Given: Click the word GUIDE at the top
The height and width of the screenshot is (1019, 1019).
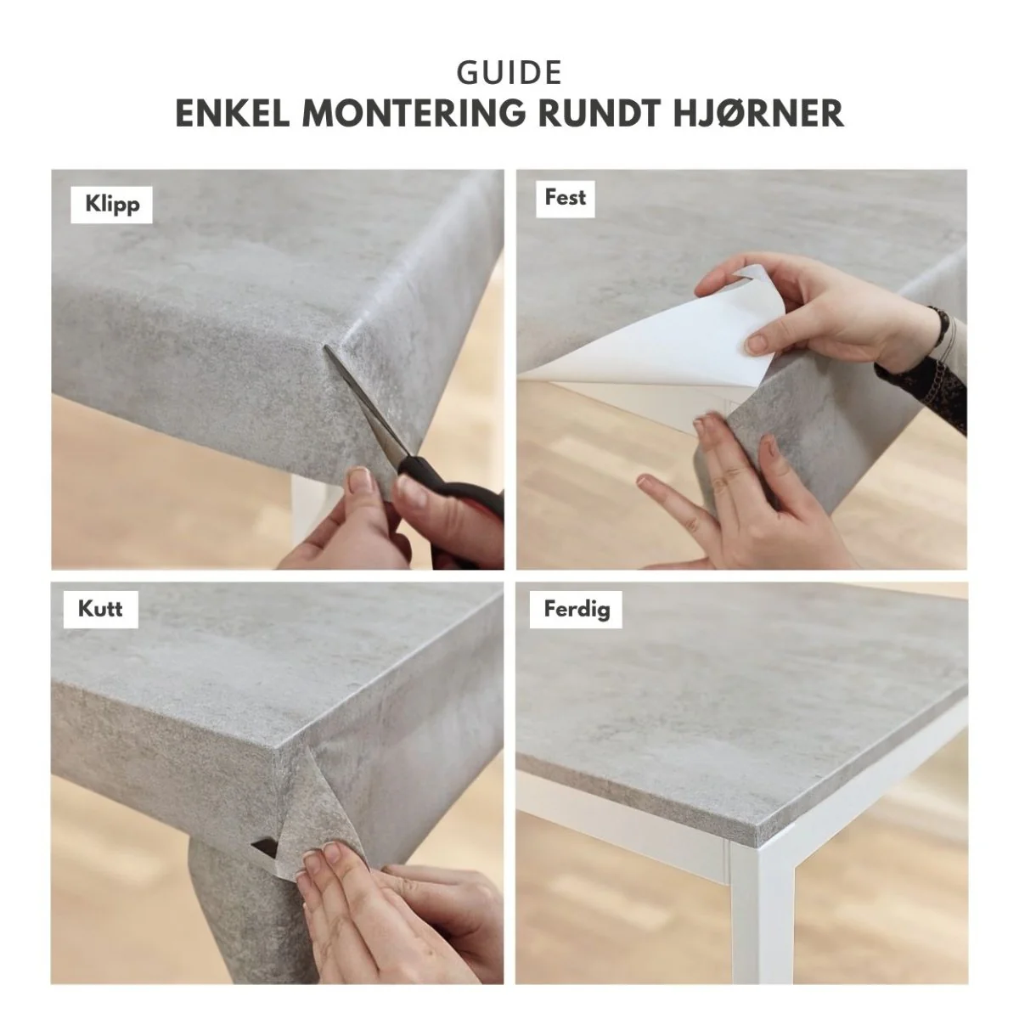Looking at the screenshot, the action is pos(509,73).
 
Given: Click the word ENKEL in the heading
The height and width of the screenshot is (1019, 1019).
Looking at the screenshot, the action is pos(233,113).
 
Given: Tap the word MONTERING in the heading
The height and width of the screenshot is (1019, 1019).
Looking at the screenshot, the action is pos(414,113).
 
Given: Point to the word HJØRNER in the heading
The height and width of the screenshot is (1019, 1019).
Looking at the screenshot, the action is pos(758,113).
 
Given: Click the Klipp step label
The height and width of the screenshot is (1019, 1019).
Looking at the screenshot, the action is pos(111,205).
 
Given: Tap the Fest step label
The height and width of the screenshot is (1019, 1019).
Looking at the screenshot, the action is pos(565,199).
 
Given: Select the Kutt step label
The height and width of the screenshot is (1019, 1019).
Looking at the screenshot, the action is pos(100,609).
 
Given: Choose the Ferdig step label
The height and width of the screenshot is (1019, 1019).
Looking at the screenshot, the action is pos(576,609).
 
